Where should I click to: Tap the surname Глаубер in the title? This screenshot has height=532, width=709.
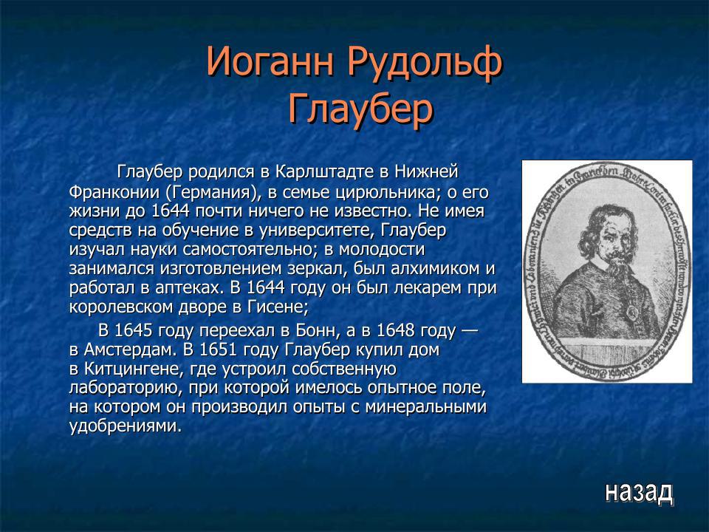tap(360, 110)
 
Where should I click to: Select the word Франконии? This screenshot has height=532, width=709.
tap(114, 191)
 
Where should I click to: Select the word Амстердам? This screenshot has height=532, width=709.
tap(128, 349)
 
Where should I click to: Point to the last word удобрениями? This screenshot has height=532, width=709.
tap(125, 426)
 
